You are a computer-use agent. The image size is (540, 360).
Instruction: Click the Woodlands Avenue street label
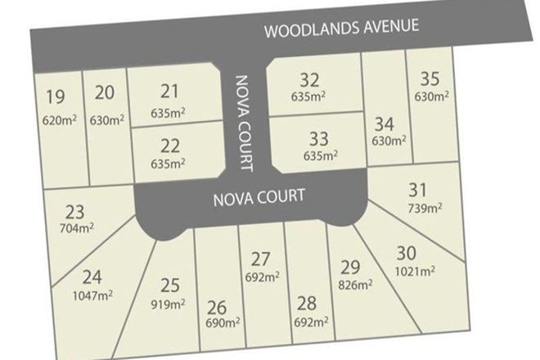click(341, 27)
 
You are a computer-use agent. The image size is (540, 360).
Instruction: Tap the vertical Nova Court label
click(242, 123)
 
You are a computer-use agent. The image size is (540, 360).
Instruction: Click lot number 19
click(56, 97)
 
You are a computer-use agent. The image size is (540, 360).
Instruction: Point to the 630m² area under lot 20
click(107, 119)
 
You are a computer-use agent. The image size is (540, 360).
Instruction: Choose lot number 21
click(170, 90)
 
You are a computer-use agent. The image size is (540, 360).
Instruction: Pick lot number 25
click(169, 285)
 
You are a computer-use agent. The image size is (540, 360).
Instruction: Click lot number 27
click(260, 259)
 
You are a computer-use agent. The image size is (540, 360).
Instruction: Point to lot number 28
click(308, 304)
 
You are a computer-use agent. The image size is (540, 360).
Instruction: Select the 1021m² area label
click(416, 271)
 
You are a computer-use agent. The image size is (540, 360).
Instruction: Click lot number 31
click(417, 189)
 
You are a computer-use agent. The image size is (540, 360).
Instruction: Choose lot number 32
click(308, 79)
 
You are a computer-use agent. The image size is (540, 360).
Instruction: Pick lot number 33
click(319, 137)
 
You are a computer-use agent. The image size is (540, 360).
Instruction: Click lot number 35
click(430, 79)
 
